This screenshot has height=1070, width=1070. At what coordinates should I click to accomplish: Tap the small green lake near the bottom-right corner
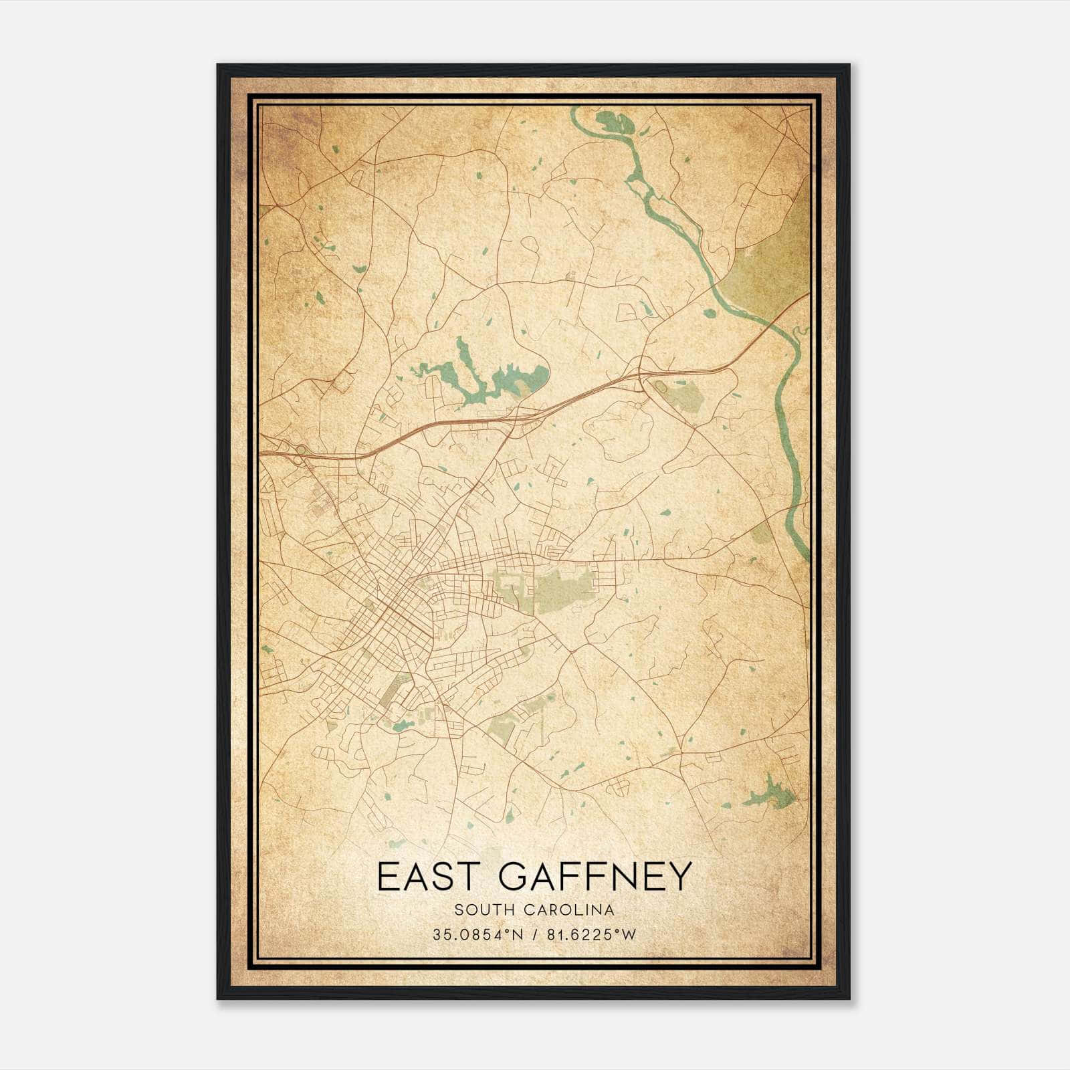(x=770, y=796)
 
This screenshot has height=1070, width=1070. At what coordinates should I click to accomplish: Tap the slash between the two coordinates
(x=533, y=935)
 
